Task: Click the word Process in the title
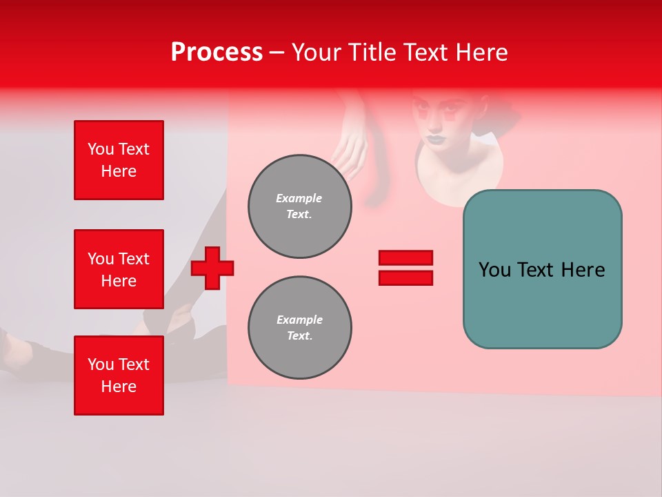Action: click(x=217, y=52)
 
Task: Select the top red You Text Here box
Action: click(x=119, y=160)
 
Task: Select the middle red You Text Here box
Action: click(x=119, y=269)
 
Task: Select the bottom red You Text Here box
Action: click(x=119, y=376)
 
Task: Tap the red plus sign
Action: click(x=212, y=269)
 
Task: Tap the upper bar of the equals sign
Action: click(x=405, y=257)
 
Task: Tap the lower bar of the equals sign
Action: click(x=405, y=278)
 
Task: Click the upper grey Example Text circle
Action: click(x=299, y=206)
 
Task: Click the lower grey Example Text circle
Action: click(x=299, y=328)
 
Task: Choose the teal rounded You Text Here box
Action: click(x=542, y=269)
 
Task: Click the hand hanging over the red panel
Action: click(x=352, y=148)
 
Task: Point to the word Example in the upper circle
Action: click(x=299, y=198)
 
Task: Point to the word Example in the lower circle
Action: click(x=299, y=320)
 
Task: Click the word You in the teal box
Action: click(x=494, y=270)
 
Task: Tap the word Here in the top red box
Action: click(x=119, y=171)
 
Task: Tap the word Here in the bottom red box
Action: click(x=119, y=387)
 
